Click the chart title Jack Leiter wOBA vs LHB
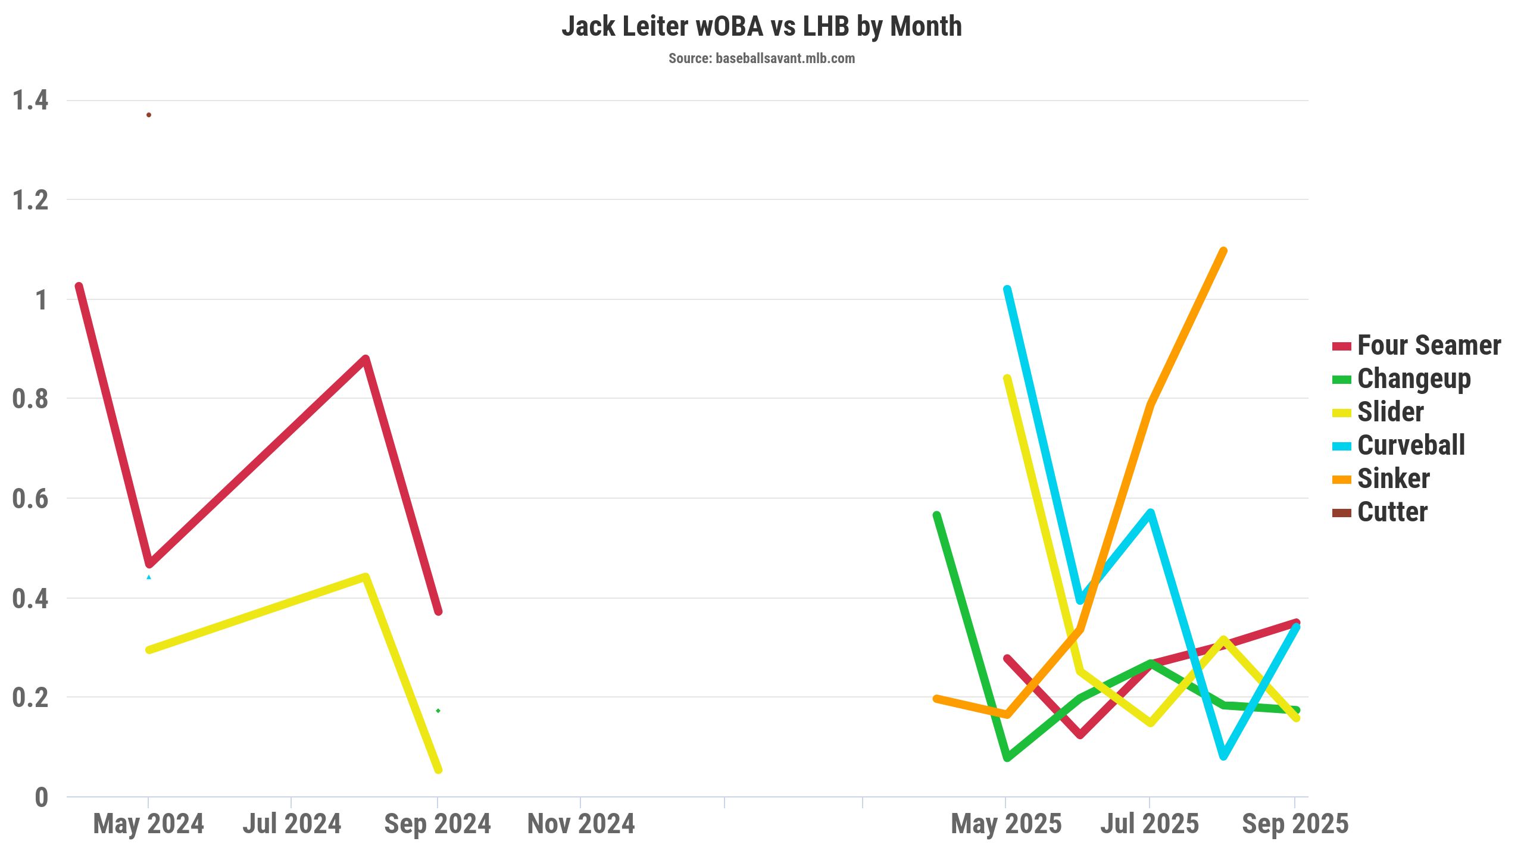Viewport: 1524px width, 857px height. [x=761, y=27]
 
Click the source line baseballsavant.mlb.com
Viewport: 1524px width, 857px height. [x=761, y=58]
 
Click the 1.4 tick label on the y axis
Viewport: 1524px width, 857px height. [x=30, y=100]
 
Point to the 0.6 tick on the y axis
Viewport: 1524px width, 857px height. [x=30, y=498]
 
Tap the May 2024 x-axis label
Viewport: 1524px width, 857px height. [x=148, y=824]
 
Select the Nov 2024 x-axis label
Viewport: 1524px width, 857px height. [x=581, y=824]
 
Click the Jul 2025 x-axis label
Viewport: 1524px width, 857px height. [x=1149, y=824]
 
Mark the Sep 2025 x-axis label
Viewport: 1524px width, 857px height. [x=1295, y=824]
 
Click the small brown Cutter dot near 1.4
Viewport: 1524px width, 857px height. [x=149, y=115]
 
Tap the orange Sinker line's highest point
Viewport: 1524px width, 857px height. [x=1223, y=251]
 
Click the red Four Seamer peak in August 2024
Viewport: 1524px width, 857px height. [x=366, y=359]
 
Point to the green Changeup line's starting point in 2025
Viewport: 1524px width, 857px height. [x=936, y=515]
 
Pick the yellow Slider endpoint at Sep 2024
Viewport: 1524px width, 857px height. [x=438, y=770]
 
